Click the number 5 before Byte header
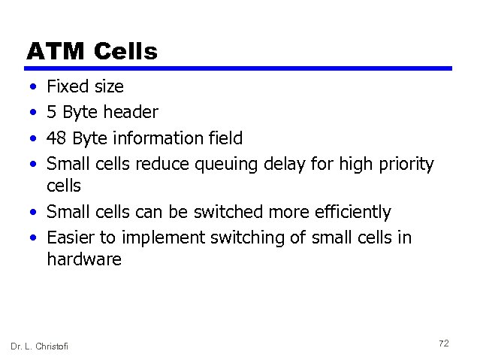(51, 113)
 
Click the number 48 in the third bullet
(56, 138)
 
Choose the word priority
(406, 165)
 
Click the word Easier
(70, 237)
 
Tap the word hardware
(83, 260)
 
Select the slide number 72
(443, 343)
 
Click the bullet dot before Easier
(34, 238)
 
